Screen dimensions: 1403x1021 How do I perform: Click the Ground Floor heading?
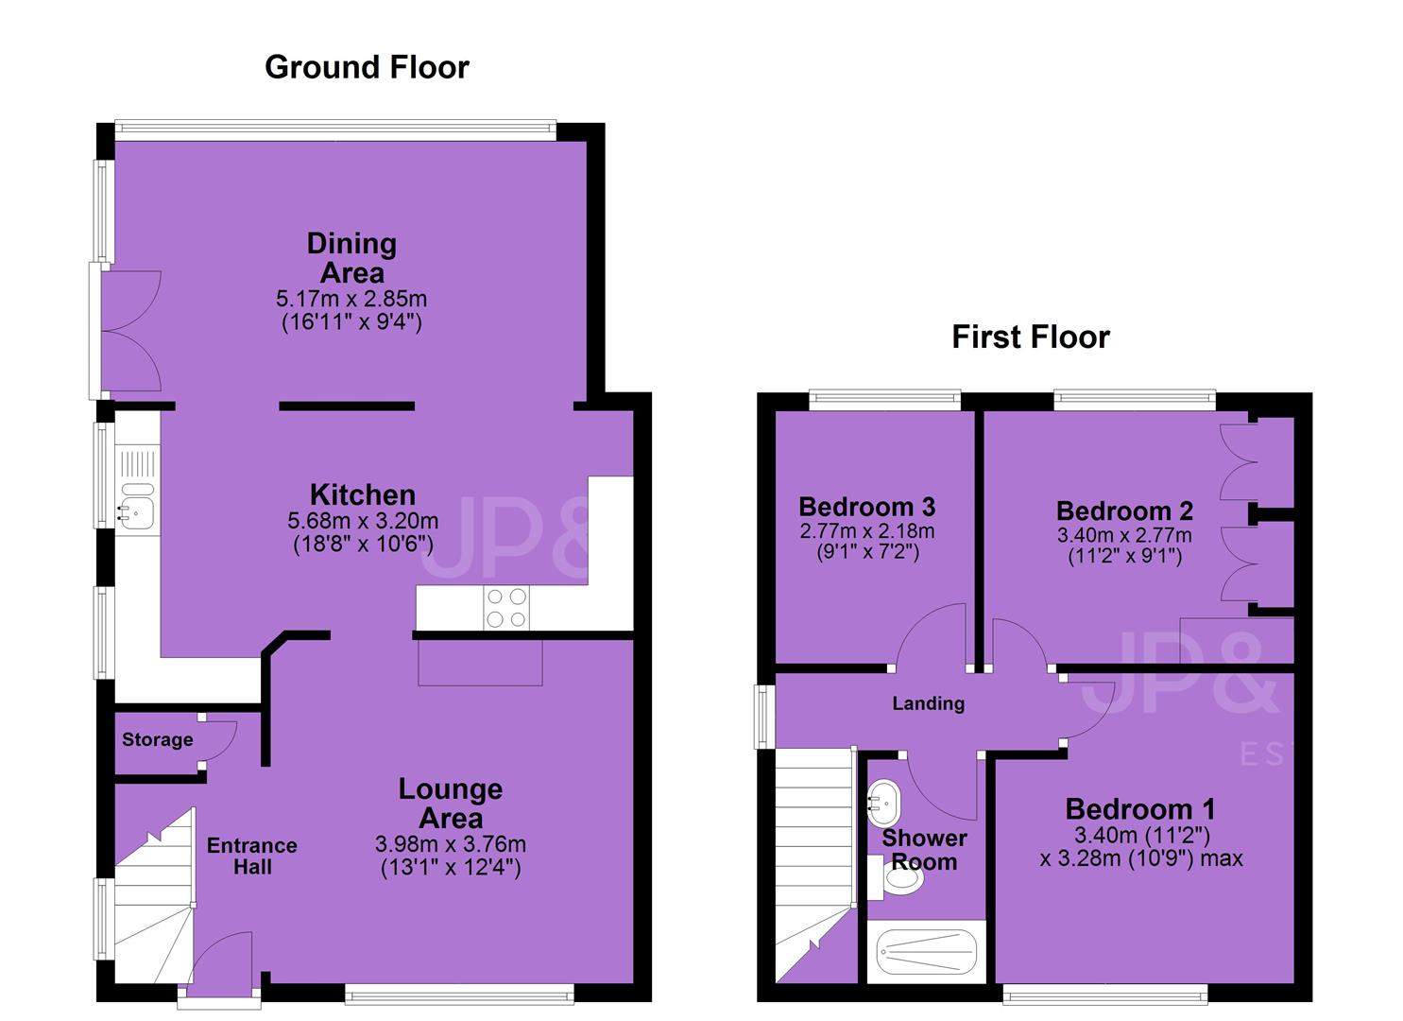(x=367, y=68)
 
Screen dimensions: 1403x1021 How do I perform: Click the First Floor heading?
(x=1031, y=337)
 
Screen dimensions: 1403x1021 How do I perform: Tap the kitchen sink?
(x=138, y=507)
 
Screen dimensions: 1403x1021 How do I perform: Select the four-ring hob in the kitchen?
(x=506, y=607)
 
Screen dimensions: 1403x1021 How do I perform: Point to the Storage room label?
(x=157, y=739)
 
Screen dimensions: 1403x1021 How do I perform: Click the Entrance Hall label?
(x=252, y=857)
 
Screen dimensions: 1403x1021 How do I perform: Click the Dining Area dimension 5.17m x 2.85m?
(x=351, y=299)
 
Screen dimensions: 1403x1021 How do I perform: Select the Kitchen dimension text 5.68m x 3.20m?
(x=363, y=520)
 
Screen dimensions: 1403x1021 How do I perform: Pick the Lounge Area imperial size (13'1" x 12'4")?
(x=451, y=868)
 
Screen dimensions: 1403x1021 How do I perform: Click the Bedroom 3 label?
(x=867, y=507)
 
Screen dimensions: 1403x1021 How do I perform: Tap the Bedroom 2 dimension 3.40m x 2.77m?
(x=1124, y=535)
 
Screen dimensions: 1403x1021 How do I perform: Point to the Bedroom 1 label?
(x=1140, y=809)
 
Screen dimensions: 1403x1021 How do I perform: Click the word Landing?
(x=928, y=704)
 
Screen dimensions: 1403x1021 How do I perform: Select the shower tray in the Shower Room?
(x=926, y=951)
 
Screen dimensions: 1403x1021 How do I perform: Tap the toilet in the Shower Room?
(x=897, y=878)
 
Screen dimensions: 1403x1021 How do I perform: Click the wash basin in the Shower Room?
(x=883, y=804)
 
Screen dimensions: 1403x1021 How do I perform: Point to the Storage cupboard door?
(x=219, y=741)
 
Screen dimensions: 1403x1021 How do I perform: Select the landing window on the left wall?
(x=763, y=717)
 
